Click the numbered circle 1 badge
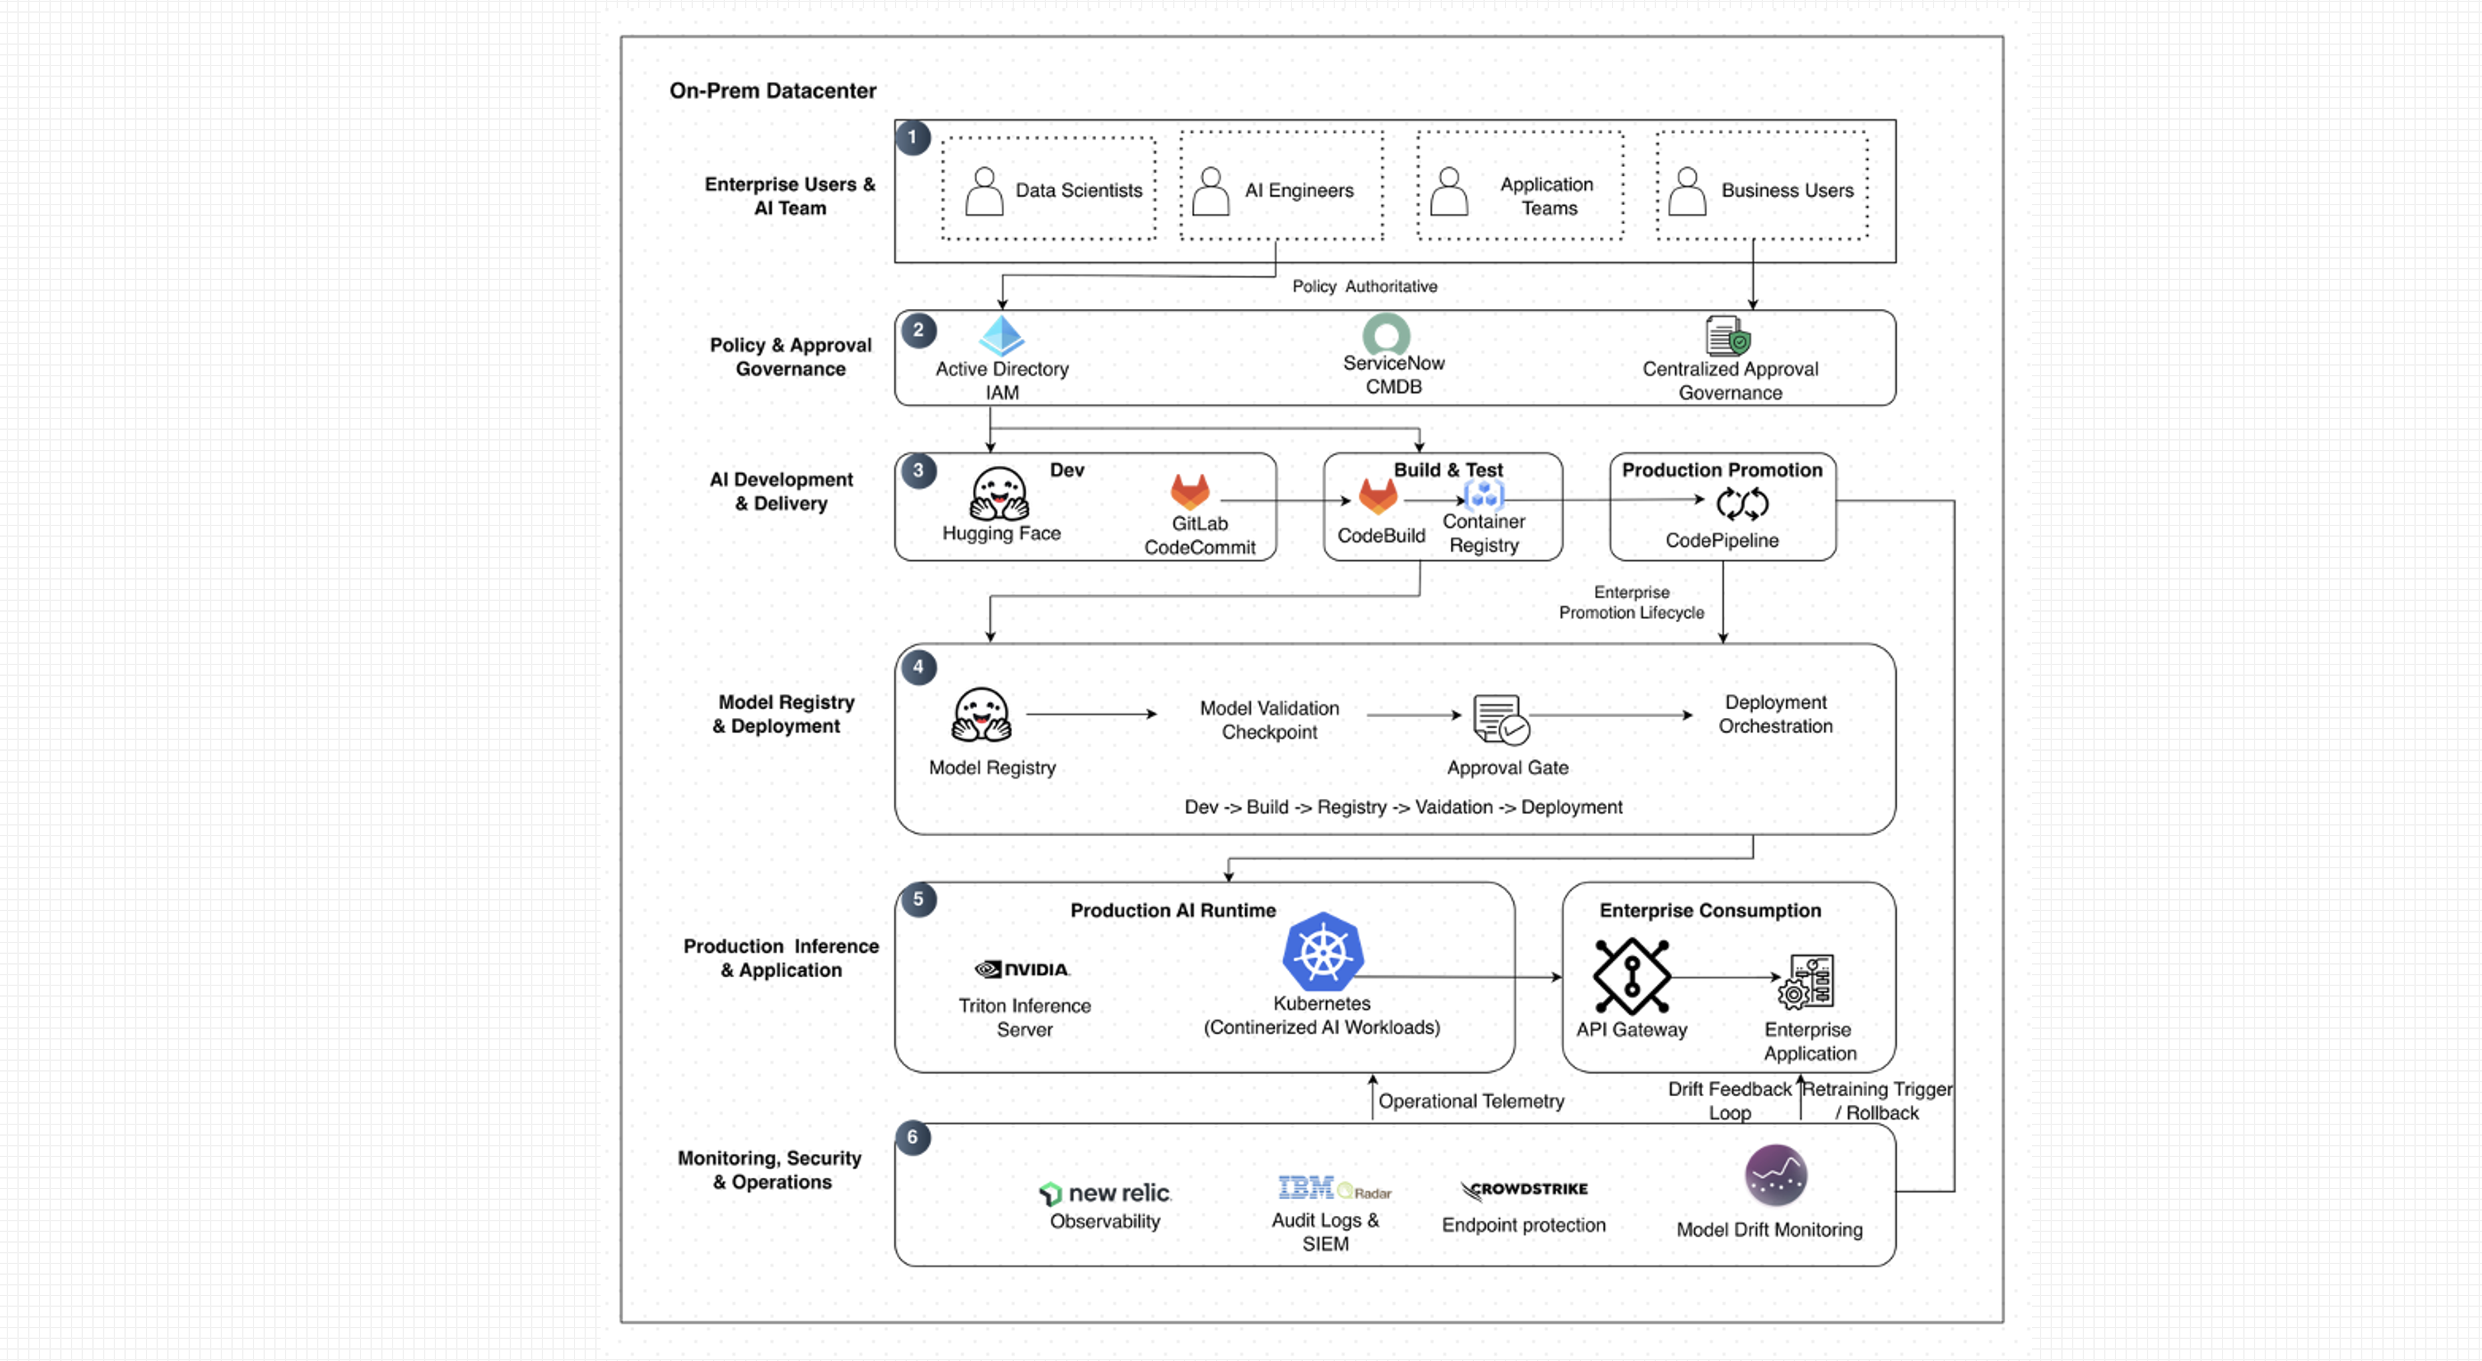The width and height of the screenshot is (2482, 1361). (912, 138)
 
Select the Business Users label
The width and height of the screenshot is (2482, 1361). (1787, 191)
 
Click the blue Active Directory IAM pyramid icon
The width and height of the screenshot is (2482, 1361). (1001, 335)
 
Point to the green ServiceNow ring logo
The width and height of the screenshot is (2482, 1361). (1386, 334)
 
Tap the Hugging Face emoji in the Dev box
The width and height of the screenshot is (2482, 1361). (999, 494)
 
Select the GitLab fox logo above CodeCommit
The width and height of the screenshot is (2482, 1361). (1190, 491)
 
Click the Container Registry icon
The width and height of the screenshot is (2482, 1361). (1484, 495)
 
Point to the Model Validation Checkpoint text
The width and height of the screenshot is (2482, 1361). (1269, 719)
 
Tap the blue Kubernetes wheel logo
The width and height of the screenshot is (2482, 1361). (1323, 952)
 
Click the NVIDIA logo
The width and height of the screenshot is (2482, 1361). (1022, 969)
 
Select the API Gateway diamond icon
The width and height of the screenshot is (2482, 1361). (1631, 976)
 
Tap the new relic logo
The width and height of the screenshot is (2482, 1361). (1104, 1193)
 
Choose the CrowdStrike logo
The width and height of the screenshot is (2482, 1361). (1524, 1191)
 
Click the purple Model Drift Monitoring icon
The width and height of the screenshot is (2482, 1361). (1776, 1175)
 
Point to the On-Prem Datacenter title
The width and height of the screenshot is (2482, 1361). (772, 90)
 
